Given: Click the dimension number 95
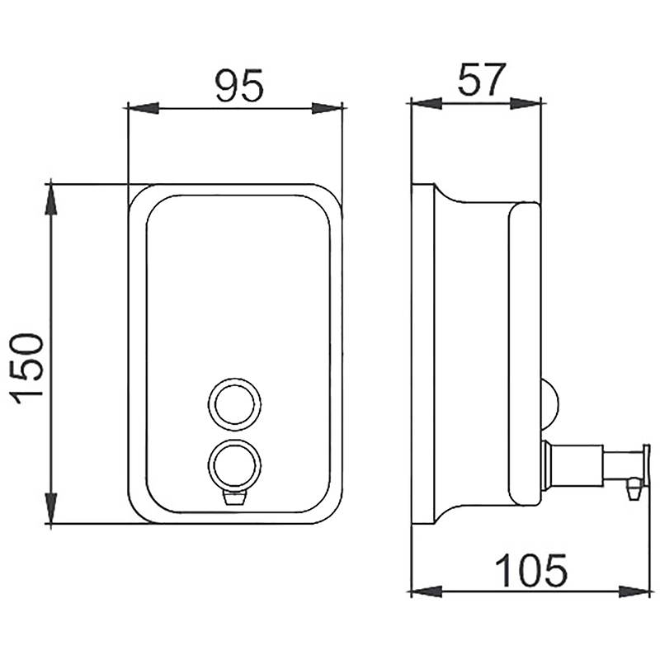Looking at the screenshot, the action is (x=239, y=85).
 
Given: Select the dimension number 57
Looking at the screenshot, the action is (x=480, y=79).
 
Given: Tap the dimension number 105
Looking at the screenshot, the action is (x=531, y=570).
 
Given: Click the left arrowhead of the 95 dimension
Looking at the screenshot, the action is (x=143, y=108).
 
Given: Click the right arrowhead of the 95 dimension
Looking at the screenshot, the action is (x=327, y=108).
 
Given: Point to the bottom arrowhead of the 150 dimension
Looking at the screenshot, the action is (x=51, y=508).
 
